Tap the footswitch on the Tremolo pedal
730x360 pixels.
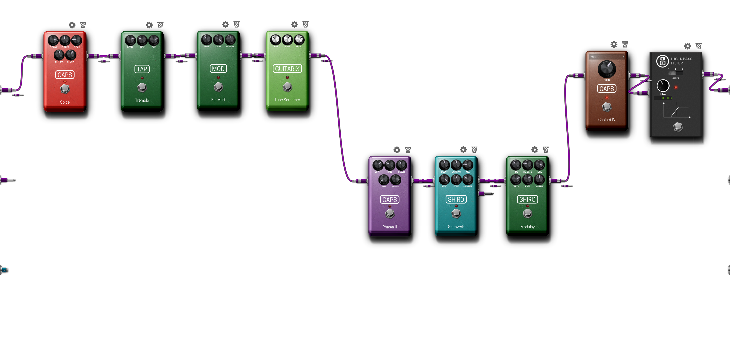coord(142,87)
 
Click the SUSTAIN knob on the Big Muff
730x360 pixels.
coord(230,40)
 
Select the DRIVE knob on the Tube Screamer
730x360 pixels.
coord(275,40)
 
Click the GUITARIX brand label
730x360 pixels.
coord(287,69)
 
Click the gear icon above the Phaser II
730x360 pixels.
coord(397,150)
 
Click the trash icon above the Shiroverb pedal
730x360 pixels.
coord(474,150)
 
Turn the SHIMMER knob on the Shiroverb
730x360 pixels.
coord(468,180)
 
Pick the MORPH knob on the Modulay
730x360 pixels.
coord(539,180)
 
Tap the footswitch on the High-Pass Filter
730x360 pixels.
coord(678,127)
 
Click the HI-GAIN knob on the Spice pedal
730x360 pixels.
coord(71,55)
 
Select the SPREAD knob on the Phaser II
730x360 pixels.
coord(395,180)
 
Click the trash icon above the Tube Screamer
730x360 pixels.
coord(305,24)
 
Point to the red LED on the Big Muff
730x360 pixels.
coord(218,77)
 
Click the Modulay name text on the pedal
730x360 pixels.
coord(527,227)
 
